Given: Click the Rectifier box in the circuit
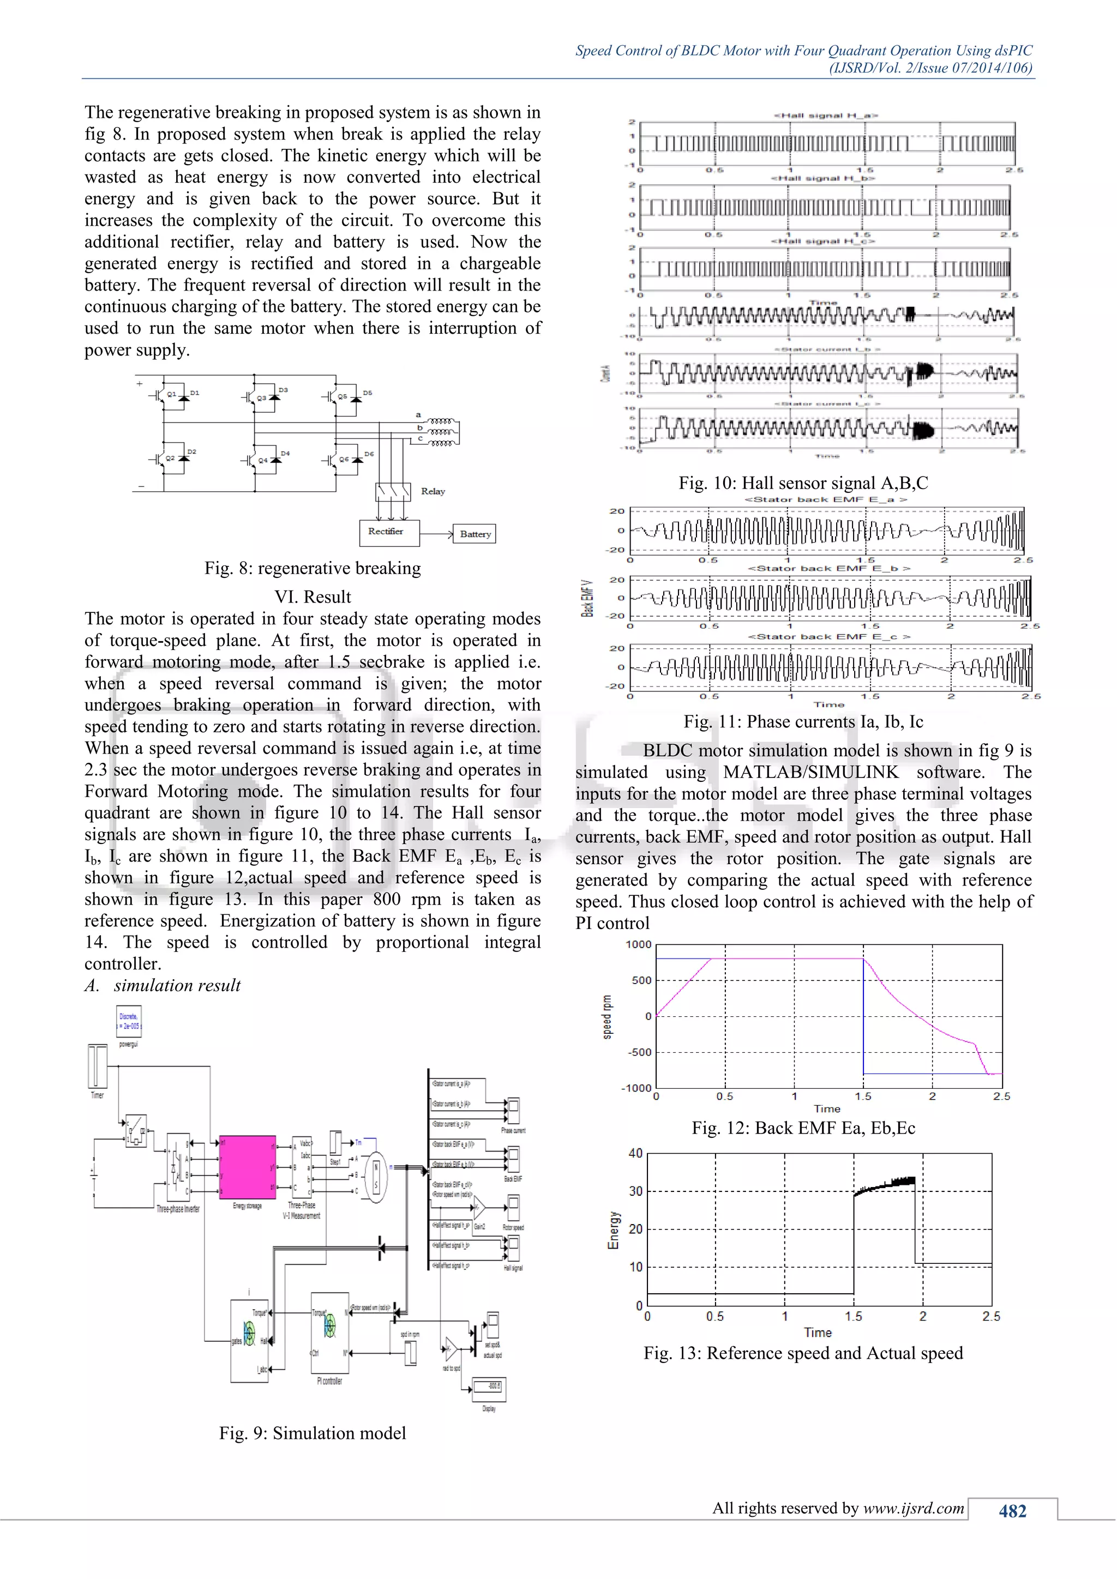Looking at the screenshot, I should pyautogui.click(x=389, y=532).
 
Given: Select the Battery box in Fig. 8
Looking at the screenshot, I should pyautogui.click(x=475, y=534).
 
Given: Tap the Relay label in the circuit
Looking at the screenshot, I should pyautogui.click(x=433, y=491).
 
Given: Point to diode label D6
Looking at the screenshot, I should pyautogui.click(x=369, y=454).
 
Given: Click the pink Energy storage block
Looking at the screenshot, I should pyautogui.click(x=247, y=1167).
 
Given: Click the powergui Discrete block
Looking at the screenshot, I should pyautogui.click(x=129, y=1021).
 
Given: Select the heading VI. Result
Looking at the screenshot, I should pyautogui.click(x=313, y=596).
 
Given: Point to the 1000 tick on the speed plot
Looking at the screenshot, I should pyautogui.click(x=638, y=944).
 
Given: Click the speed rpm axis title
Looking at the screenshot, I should pyautogui.click(x=606, y=1016).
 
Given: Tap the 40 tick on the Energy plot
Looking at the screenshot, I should pyautogui.click(x=635, y=1153).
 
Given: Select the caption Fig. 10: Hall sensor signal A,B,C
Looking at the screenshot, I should pyautogui.click(x=803, y=483).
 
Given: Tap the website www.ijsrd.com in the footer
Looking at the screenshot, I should pyautogui.click(x=914, y=1508).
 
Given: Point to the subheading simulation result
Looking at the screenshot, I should pyautogui.click(x=177, y=985).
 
